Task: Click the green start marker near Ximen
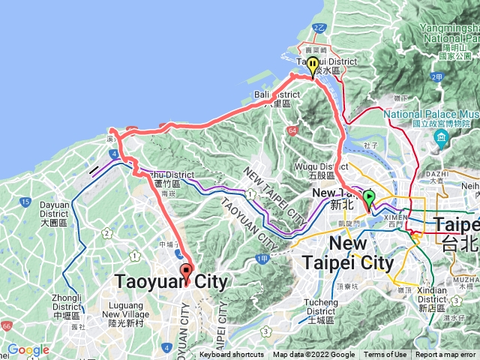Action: [369, 199]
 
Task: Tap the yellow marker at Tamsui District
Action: [313, 67]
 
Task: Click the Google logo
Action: [28, 350]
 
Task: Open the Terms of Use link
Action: [385, 355]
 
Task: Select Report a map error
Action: [446, 355]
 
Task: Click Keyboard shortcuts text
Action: [232, 355]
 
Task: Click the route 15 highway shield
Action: [25, 202]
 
